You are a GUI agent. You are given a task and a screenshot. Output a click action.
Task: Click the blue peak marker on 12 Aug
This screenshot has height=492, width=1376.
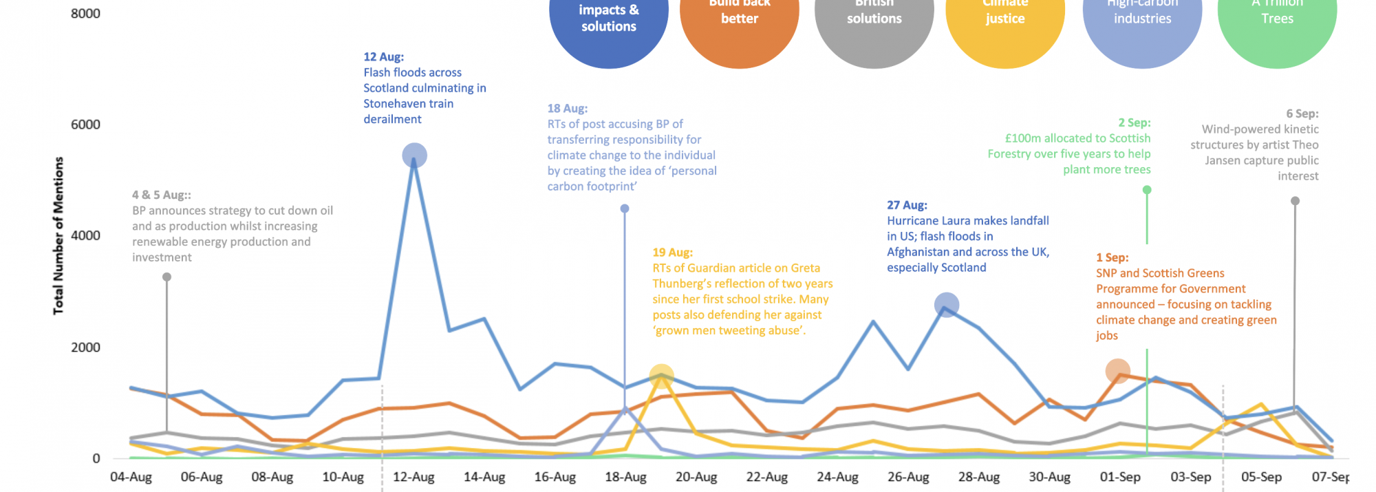point(414,156)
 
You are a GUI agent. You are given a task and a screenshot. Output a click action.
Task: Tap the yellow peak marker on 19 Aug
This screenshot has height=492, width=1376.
point(661,376)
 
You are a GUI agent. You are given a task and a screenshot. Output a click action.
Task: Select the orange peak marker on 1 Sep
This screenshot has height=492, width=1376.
point(1118,371)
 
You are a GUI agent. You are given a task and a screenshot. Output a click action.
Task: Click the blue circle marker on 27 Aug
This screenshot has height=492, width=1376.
point(947,305)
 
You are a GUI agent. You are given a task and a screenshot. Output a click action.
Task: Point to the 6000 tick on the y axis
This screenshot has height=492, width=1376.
point(85,125)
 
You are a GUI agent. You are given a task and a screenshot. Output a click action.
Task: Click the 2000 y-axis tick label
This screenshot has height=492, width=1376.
point(85,347)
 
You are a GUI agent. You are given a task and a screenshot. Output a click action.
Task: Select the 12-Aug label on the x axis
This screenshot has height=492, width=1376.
point(413,477)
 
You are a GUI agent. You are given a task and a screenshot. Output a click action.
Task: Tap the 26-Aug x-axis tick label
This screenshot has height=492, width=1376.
point(908,477)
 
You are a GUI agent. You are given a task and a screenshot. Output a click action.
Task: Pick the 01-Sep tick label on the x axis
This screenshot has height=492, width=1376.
point(1120,477)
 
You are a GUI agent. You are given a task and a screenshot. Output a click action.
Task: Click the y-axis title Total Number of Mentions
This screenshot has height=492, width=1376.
point(58,236)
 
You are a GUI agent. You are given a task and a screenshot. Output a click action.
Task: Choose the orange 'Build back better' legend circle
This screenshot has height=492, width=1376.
point(740,21)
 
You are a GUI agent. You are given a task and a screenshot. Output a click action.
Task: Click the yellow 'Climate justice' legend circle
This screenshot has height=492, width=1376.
point(1005,21)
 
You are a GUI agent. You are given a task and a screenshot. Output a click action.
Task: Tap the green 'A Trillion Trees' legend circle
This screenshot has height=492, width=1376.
point(1277,21)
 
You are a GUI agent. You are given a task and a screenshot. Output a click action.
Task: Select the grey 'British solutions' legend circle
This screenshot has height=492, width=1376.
point(874,21)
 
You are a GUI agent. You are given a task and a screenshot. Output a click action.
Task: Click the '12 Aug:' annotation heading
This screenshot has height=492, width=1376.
point(384,57)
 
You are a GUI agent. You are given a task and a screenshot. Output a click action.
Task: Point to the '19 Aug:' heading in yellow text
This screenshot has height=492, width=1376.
point(673,253)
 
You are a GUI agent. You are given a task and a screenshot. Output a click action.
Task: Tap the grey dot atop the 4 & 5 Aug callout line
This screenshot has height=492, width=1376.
point(166,277)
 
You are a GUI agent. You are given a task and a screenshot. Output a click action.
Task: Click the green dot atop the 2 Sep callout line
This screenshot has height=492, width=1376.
point(1147,190)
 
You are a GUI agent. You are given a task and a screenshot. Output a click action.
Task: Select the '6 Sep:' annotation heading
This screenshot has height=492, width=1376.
point(1302,114)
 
